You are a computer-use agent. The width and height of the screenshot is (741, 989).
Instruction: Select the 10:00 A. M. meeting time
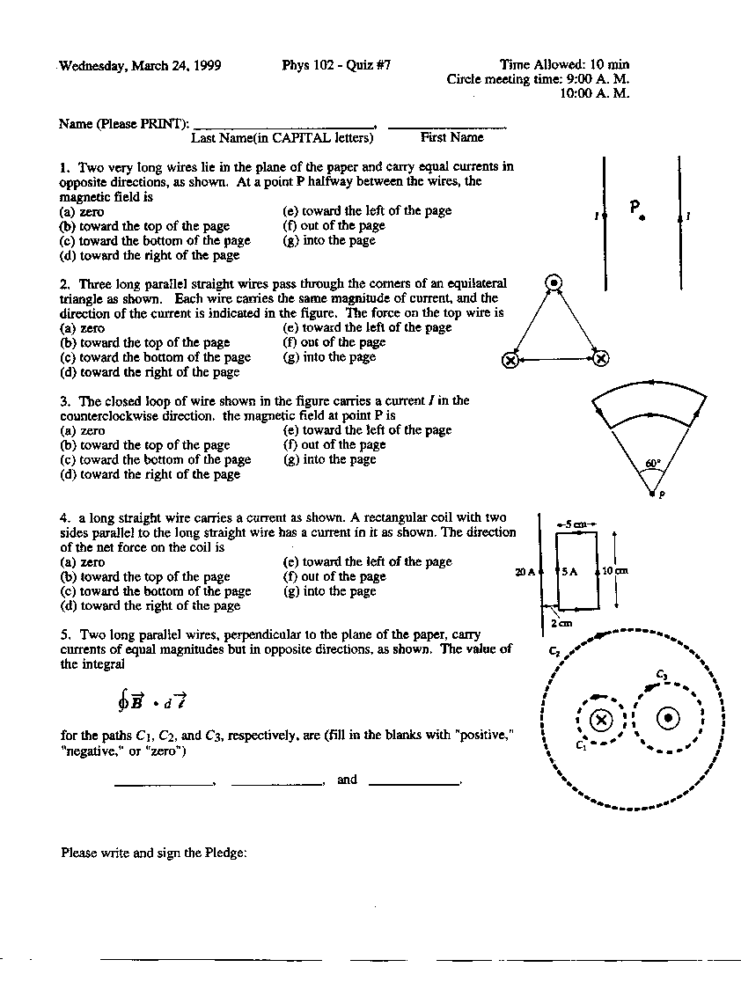pyautogui.click(x=594, y=93)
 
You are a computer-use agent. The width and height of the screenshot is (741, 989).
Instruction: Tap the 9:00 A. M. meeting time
pyautogui.click(x=598, y=79)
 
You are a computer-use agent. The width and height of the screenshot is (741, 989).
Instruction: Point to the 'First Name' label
pyautogui.click(x=451, y=137)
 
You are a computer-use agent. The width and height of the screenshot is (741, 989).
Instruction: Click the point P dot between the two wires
pyautogui.click(x=642, y=216)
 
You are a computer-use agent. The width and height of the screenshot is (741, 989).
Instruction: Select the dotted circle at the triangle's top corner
pyautogui.click(x=554, y=283)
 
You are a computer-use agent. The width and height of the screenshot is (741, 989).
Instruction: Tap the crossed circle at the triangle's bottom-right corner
pyautogui.click(x=600, y=358)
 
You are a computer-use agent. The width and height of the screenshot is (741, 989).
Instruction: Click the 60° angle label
pyautogui.click(x=652, y=463)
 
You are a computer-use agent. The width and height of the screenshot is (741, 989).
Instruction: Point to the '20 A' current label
pyautogui.click(x=525, y=572)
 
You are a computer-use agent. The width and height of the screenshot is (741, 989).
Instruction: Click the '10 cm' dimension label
pyautogui.click(x=615, y=570)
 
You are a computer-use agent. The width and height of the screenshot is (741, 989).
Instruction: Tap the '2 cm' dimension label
pyautogui.click(x=561, y=623)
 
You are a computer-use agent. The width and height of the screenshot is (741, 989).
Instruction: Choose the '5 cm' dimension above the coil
pyautogui.click(x=576, y=524)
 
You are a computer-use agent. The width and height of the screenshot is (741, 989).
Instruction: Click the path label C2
pyautogui.click(x=554, y=651)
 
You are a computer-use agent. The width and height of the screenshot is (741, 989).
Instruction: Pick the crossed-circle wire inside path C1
pyautogui.click(x=601, y=721)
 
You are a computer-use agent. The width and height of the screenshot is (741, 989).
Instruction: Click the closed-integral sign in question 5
pyautogui.click(x=123, y=700)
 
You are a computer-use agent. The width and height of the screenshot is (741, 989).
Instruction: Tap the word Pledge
pyautogui.click(x=223, y=853)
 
